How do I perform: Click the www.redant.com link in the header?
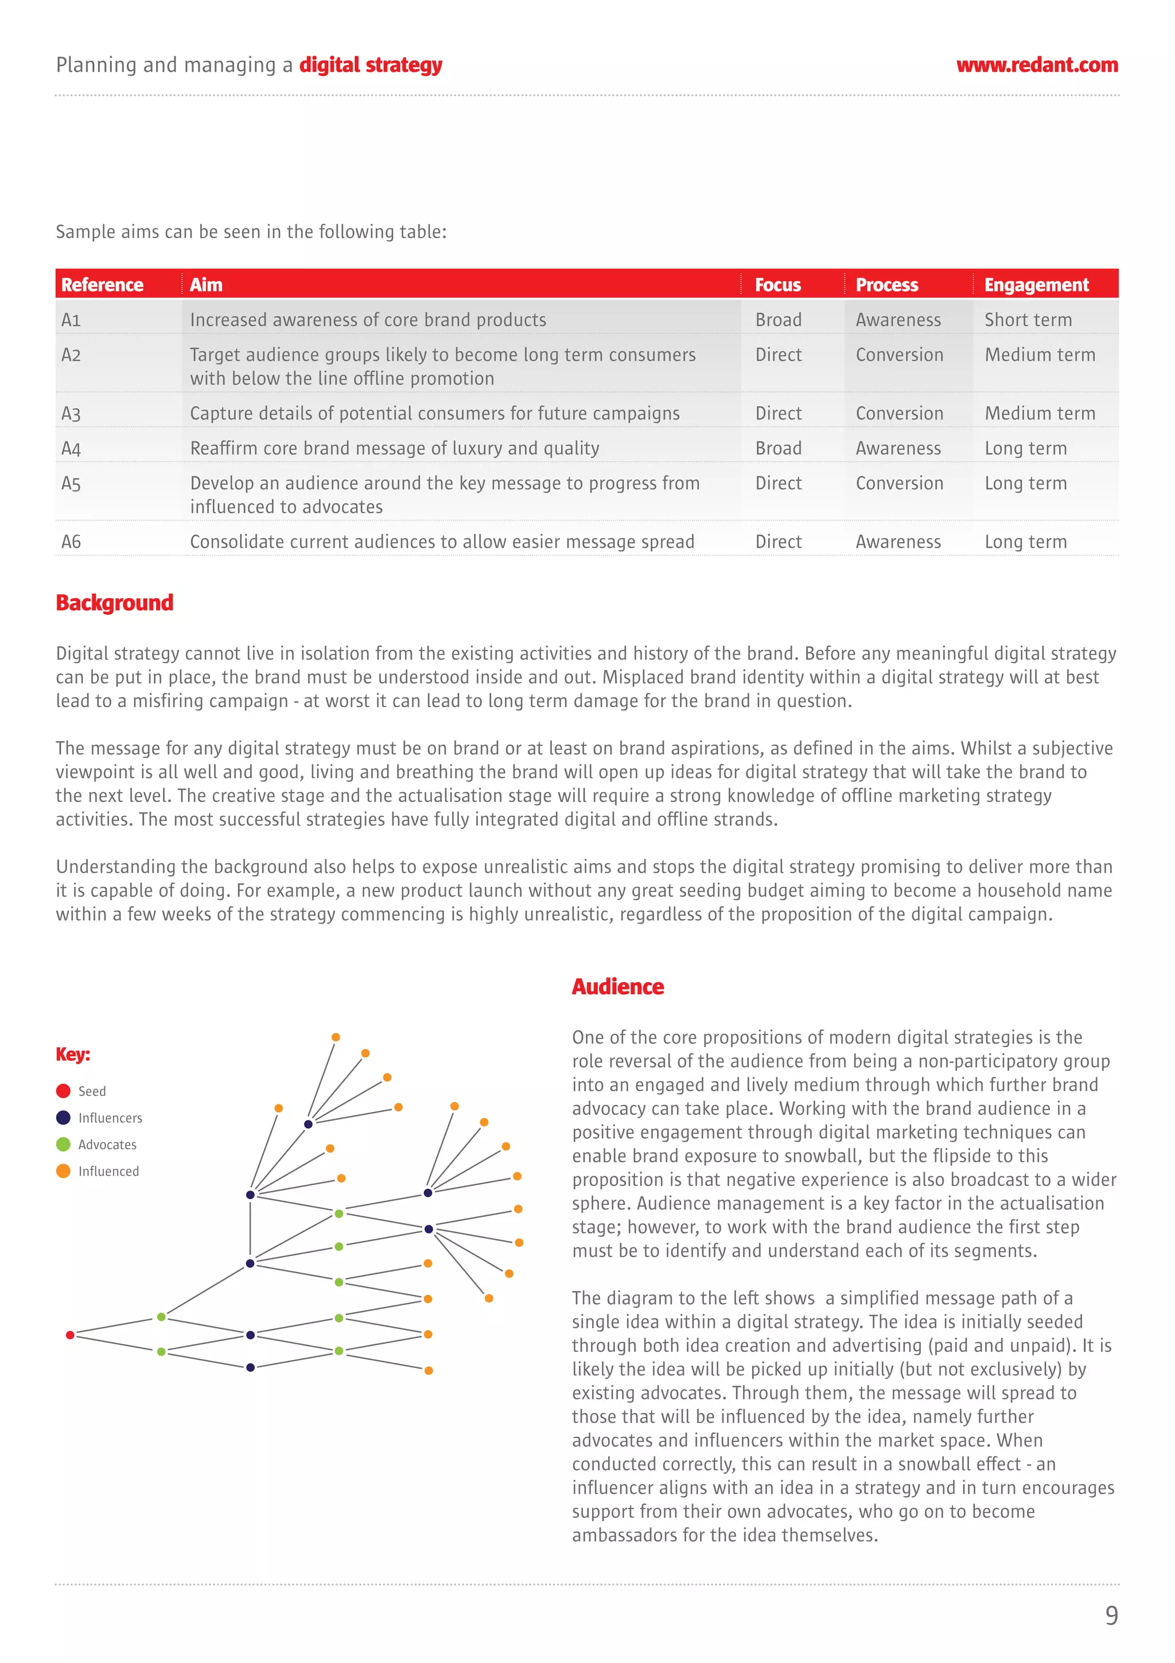click(x=1037, y=65)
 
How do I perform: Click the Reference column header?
click(x=102, y=285)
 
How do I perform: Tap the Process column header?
click(x=886, y=285)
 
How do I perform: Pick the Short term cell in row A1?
click(x=1028, y=319)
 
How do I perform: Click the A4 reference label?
click(x=71, y=448)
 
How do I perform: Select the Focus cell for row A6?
click(x=779, y=542)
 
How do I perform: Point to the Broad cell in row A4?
click(x=779, y=448)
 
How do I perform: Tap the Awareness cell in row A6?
click(x=898, y=542)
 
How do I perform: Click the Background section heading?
click(x=114, y=603)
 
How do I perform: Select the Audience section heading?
click(x=617, y=987)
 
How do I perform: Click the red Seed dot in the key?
click(x=63, y=1091)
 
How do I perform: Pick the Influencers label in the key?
click(x=110, y=1118)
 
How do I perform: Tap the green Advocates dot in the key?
click(x=63, y=1145)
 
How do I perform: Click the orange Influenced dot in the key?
click(x=63, y=1171)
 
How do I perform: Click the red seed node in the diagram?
click(x=70, y=1335)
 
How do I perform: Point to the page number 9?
click(x=1111, y=1616)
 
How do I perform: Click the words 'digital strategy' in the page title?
click(x=371, y=65)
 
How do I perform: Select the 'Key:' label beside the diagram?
click(x=73, y=1054)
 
